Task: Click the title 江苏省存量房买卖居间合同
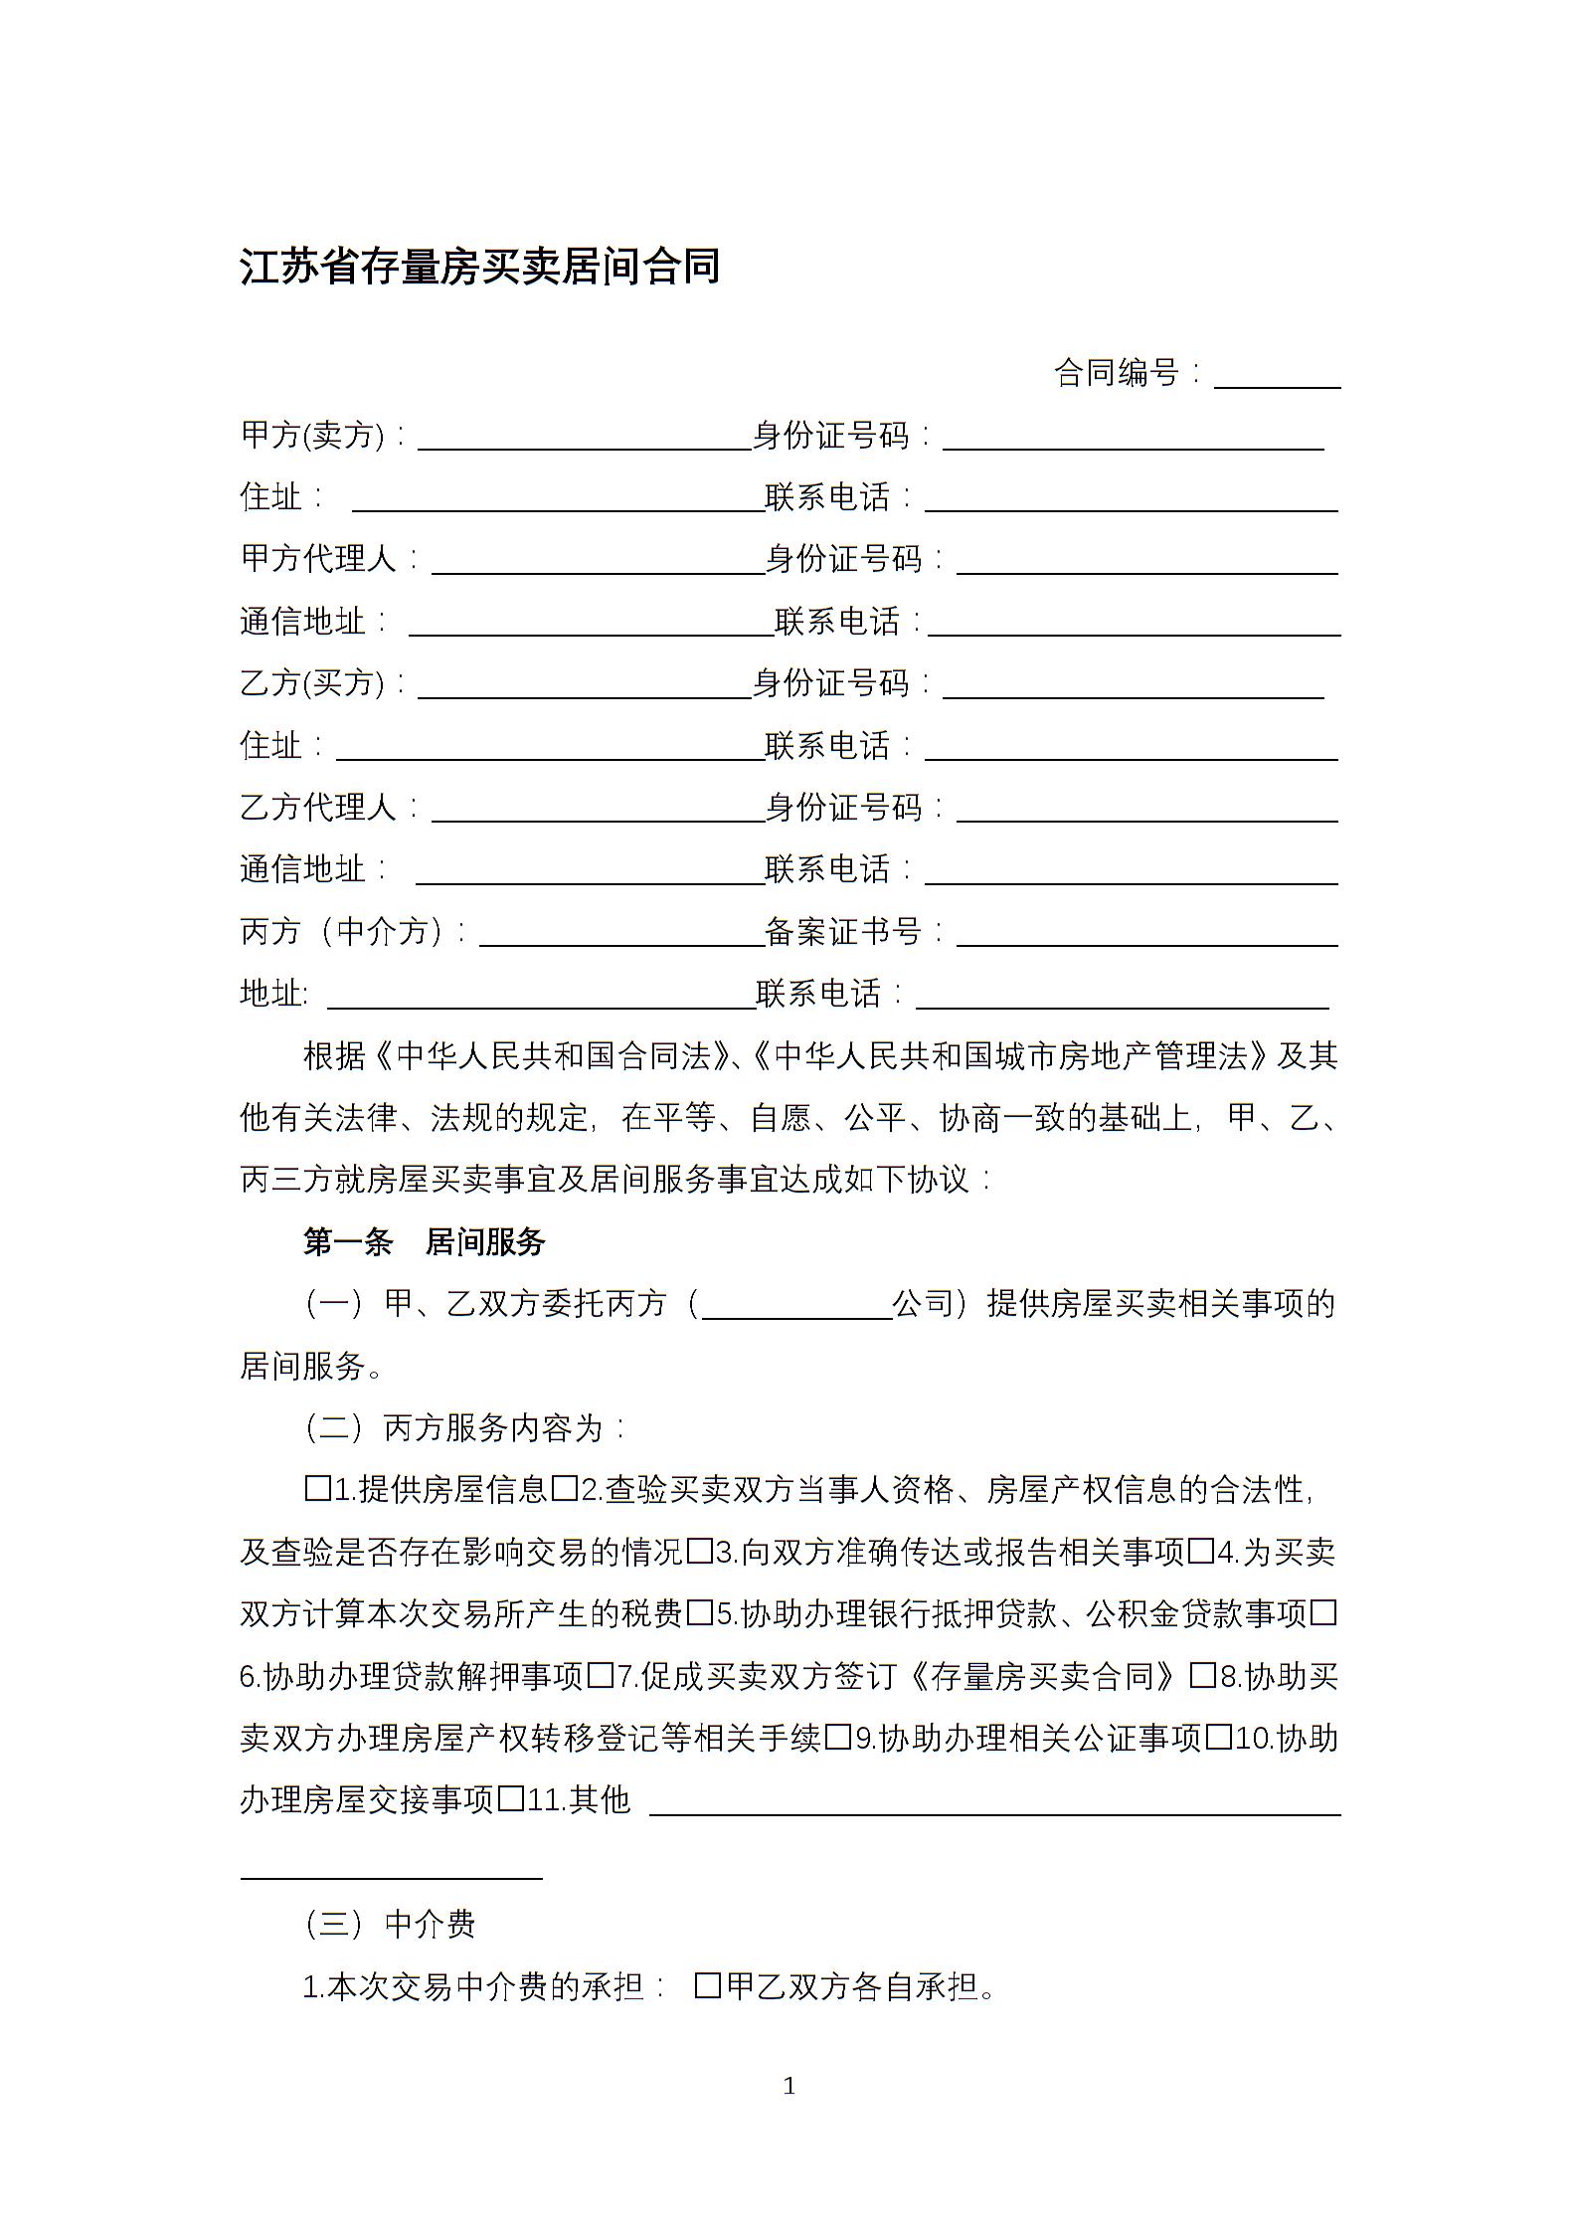click(x=480, y=267)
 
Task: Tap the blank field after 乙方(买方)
click(x=584, y=684)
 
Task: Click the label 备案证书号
click(x=844, y=932)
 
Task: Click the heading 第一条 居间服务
click(x=425, y=1242)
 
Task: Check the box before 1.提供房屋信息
click(x=317, y=1489)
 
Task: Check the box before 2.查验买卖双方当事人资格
click(x=565, y=1489)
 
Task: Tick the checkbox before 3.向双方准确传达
click(x=700, y=1552)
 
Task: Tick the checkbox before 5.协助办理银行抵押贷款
click(x=700, y=1613)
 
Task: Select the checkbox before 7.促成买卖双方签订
click(x=601, y=1676)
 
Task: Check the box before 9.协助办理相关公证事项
click(x=838, y=1738)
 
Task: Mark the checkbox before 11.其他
click(x=511, y=1799)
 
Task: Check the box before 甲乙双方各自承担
click(x=708, y=1986)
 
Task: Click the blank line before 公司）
click(x=796, y=1306)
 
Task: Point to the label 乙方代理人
click(x=319, y=808)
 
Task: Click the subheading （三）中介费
click(x=390, y=1925)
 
